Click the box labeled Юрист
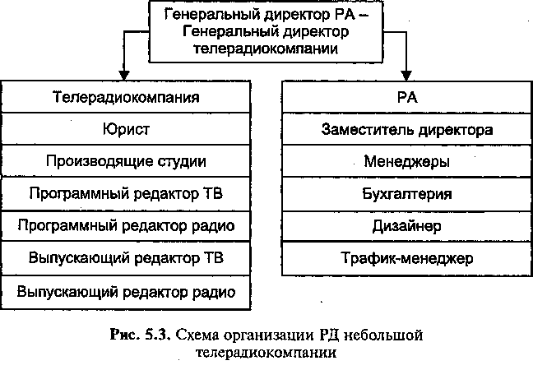click(x=126, y=129)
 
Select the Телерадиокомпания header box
click(x=126, y=97)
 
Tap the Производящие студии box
click(x=126, y=161)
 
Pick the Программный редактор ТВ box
click(x=126, y=194)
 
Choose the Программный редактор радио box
click(x=126, y=226)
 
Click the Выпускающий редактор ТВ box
click(x=126, y=258)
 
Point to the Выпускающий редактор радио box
click(x=126, y=292)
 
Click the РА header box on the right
click(x=407, y=97)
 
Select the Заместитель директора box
click(x=407, y=129)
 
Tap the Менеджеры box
click(x=407, y=161)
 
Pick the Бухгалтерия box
click(x=407, y=194)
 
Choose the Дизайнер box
click(x=407, y=226)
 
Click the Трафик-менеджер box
click(x=407, y=258)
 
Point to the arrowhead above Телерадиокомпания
click(x=124, y=76)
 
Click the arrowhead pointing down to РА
click(x=406, y=76)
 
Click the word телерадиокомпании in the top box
click(x=266, y=49)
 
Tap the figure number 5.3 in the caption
click(x=158, y=335)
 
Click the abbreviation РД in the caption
click(x=329, y=335)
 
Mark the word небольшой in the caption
click(x=383, y=335)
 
